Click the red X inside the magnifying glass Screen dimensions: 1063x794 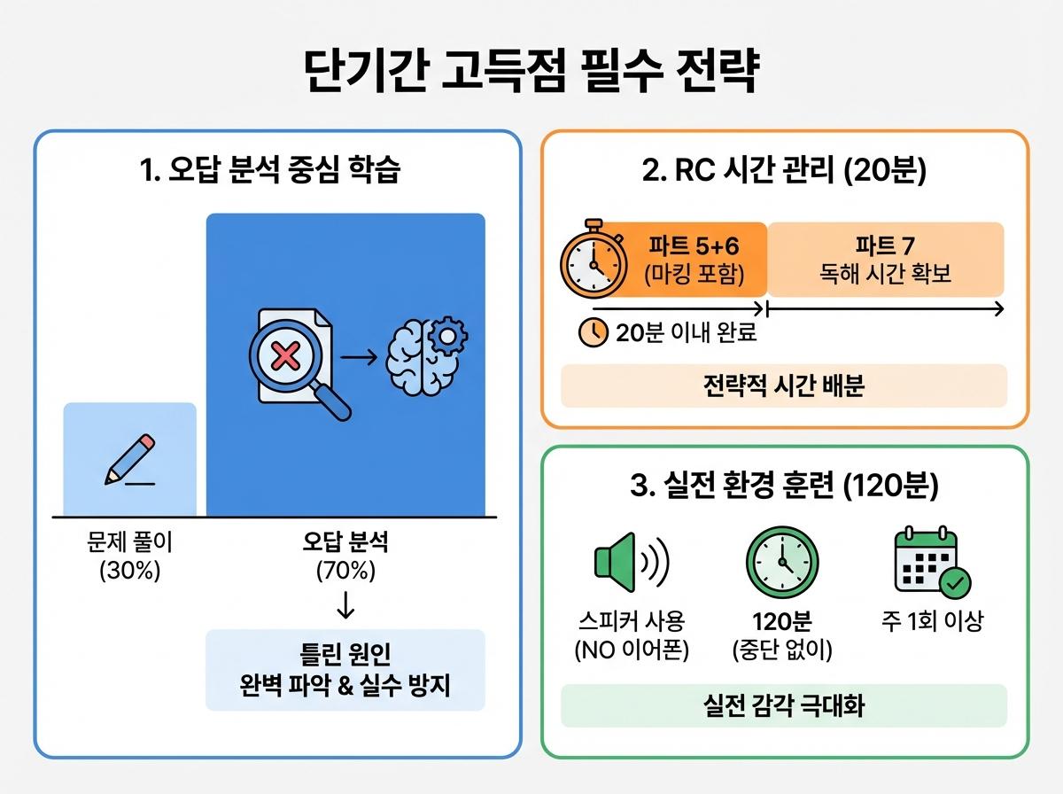point(284,357)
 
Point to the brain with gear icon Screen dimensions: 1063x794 point(428,355)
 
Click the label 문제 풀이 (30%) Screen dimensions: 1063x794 point(129,557)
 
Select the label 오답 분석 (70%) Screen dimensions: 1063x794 point(345,557)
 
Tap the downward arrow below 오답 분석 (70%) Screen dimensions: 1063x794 point(345,604)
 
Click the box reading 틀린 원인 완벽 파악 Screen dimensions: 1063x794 point(345,670)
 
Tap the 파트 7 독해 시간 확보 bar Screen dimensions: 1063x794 point(885,259)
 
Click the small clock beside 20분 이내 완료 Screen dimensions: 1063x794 point(593,332)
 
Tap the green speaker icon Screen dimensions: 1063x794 point(629,562)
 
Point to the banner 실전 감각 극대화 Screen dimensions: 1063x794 point(784,705)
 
